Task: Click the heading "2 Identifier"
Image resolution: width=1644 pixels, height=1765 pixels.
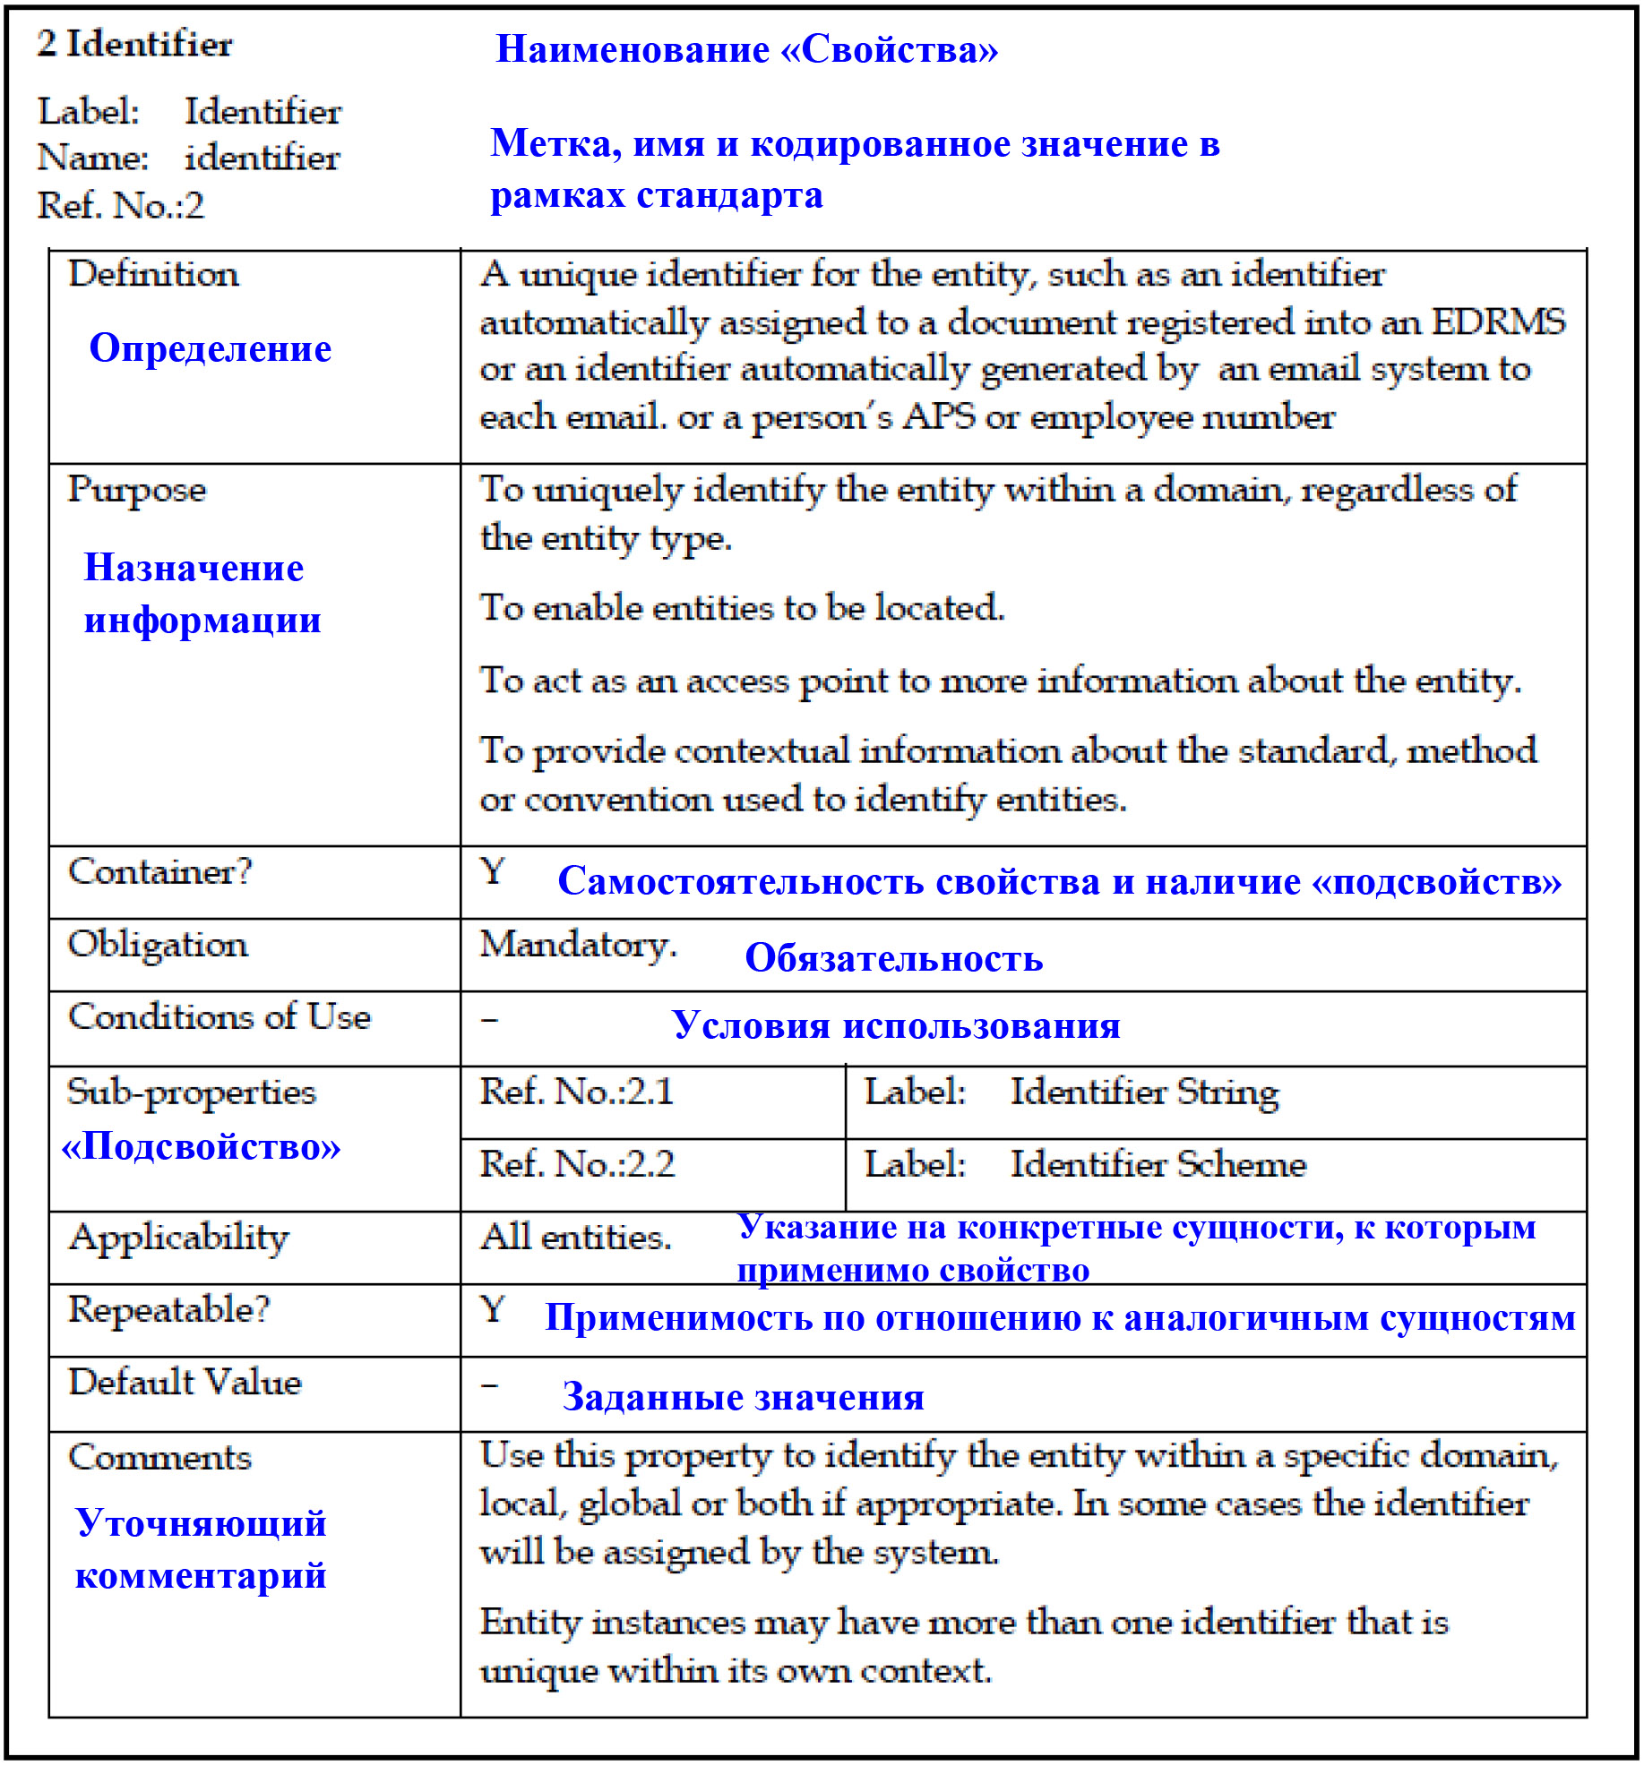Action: pyautogui.click(x=134, y=44)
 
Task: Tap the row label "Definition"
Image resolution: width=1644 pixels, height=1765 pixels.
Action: pyautogui.click(x=153, y=274)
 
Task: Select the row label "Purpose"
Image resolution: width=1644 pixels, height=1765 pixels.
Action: pyautogui.click(x=137, y=490)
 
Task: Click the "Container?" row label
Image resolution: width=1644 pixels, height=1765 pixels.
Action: pyautogui.click(x=160, y=871)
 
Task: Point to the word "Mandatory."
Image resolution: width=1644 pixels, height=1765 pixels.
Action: pyautogui.click(x=578, y=945)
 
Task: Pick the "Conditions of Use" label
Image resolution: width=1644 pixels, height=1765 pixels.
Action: pyautogui.click(x=219, y=1017)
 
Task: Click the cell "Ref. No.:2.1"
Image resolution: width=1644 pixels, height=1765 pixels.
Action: pyautogui.click(x=577, y=1092)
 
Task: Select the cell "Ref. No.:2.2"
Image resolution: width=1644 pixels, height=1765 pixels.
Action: pyautogui.click(x=577, y=1164)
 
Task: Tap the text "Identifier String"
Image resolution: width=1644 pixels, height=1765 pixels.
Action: pyautogui.click(x=1144, y=1092)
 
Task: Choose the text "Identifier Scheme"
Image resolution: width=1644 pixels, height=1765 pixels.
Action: pyautogui.click(x=1158, y=1164)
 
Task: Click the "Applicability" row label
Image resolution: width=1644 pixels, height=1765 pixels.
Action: pyautogui.click(x=179, y=1238)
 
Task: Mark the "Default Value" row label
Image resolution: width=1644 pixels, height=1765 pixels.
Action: pyautogui.click(x=185, y=1382)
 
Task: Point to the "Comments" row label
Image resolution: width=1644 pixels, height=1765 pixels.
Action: pyautogui.click(x=159, y=1457)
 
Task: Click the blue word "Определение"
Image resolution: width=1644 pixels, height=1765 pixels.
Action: pyautogui.click(x=211, y=348)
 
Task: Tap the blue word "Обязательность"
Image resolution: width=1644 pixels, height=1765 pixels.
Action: pyautogui.click(x=893, y=958)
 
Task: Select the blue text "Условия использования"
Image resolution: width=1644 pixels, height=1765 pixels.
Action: pyautogui.click(x=896, y=1025)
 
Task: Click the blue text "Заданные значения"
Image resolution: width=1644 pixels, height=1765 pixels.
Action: pyautogui.click(x=743, y=1397)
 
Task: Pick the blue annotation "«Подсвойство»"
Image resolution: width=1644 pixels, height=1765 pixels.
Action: pyautogui.click(x=201, y=1146)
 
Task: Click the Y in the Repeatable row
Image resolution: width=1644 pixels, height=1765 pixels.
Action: pyautogui.click(x=493, y=1309)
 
